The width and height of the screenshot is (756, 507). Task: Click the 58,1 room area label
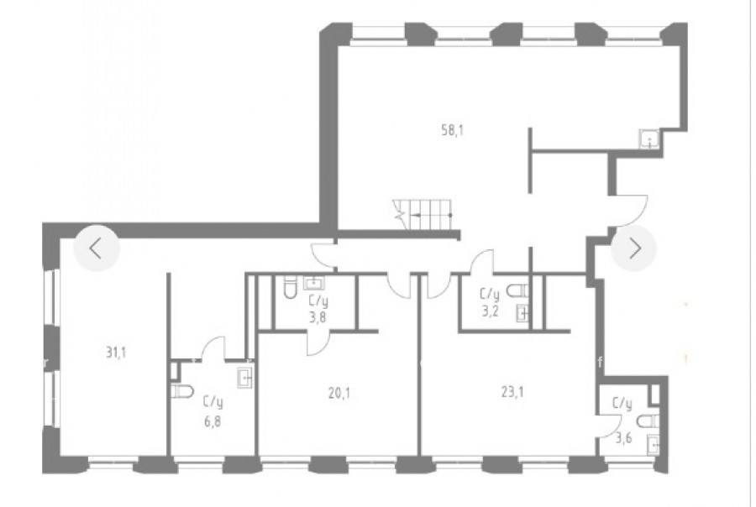click(x=452, y=130)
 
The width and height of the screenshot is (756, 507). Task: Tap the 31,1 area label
click(x=116, y=353)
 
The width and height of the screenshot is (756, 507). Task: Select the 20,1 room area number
click(x=339, y=394)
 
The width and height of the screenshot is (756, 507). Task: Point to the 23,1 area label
click(x=512, y=392)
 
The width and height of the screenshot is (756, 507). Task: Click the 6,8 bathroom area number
click(x=213, y=422)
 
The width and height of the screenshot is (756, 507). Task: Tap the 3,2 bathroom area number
click(x=490, y=311)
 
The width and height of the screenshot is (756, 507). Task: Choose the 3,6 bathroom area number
click(x=623, y=438)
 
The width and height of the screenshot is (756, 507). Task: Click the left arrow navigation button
click(x=97, y=248)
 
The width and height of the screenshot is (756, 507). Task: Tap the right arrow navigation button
click(x=634, y=248)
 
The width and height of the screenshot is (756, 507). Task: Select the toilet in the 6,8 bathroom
click(x=182, y=391)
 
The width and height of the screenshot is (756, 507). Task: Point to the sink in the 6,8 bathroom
click(x=245, y=378)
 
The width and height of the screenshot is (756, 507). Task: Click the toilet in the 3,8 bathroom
click(x=291, y=286)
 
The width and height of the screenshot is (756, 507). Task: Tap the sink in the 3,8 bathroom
click(x=314, y=282)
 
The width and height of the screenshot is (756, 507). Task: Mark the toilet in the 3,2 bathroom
click(x=517, y=290)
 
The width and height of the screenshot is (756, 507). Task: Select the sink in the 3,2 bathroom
click(x=522, y=313)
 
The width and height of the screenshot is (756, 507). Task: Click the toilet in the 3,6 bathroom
click(x=648, y=421)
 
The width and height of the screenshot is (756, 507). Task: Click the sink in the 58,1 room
click(x=649, y=139)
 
